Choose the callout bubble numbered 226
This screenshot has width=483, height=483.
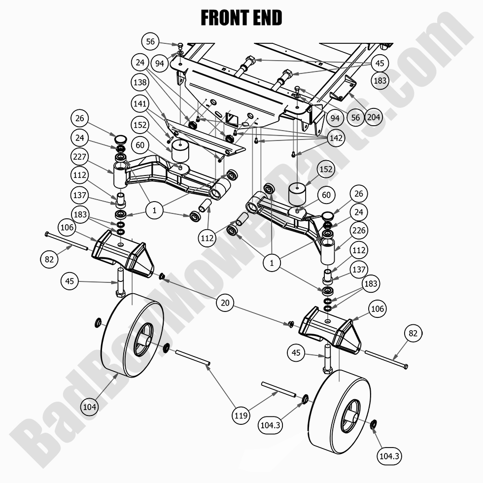click(359, 230)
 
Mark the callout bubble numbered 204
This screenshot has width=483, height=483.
click(374, 117)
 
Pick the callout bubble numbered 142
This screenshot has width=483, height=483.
click(336, 138)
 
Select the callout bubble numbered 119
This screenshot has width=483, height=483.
click(241, 415)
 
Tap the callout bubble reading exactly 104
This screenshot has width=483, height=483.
click(90, 407)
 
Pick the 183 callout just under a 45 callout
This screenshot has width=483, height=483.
click(380, 80)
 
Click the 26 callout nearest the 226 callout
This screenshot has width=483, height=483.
click(359, 194)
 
